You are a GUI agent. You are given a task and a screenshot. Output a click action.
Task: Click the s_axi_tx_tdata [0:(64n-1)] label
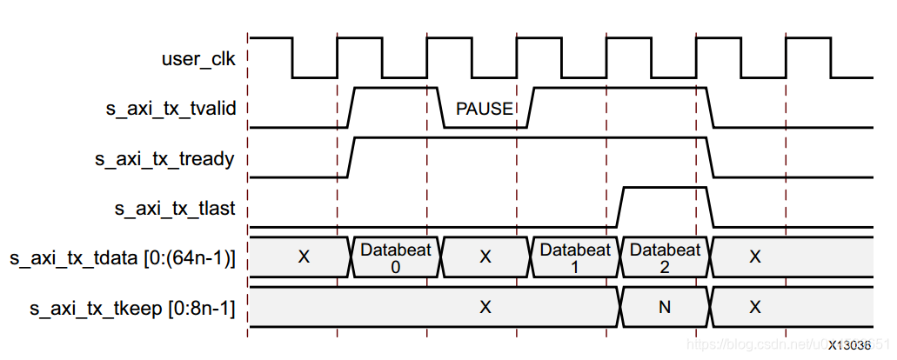coord(122,257)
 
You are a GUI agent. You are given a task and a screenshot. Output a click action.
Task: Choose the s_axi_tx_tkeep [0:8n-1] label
coord(132,307)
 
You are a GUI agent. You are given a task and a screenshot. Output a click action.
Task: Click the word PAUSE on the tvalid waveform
coord(485,110)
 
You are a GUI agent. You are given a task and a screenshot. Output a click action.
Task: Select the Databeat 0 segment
coord(396,257)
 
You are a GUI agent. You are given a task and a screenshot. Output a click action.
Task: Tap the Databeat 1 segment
coord(575,257)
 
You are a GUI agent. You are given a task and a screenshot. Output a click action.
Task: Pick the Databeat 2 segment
coord(665,257)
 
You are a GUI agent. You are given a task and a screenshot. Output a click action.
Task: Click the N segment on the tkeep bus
coord(665,307)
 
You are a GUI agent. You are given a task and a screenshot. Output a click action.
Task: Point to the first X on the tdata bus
coord(304,257)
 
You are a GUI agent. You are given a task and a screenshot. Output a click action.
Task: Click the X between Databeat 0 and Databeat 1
coord(485,257)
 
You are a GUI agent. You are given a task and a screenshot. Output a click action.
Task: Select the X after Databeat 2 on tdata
coord(755,257)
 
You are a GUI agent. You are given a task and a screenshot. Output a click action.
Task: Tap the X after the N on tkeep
coord(755,307)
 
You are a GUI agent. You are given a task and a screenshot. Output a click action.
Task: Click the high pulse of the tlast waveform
coord(664,188)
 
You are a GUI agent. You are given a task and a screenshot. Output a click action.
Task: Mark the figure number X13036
coord(848,345)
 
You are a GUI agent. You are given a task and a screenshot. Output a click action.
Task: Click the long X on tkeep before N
coord(485,307)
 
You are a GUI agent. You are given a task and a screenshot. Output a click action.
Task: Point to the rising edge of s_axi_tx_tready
coord(351,157)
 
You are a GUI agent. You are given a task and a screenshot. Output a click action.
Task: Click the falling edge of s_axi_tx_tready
coord(711,157)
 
